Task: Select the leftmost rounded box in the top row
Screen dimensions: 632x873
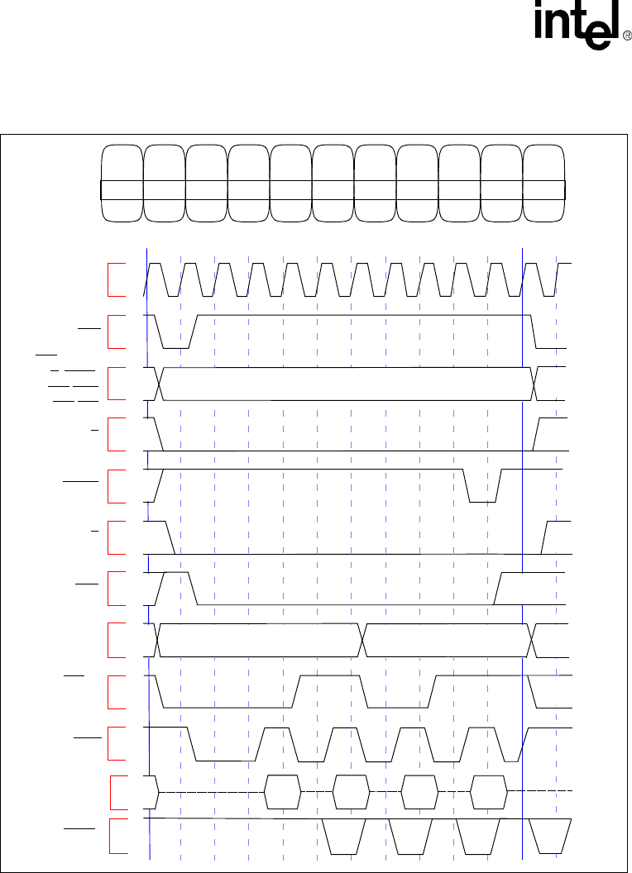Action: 122,183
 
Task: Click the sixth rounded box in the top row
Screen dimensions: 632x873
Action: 333,183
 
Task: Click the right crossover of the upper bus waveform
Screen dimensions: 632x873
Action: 534,384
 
